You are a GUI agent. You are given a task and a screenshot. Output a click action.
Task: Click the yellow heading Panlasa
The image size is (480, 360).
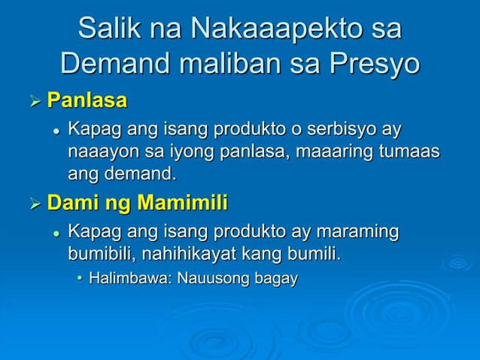click(x=87, y=100)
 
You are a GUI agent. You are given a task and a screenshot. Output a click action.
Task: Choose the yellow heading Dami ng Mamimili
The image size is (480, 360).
click(x=137, y=203)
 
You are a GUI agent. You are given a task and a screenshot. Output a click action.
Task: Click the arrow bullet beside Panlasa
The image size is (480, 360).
click(x=33, y=101)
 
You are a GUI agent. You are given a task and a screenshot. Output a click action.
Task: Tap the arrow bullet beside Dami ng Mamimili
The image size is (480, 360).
click(x=33, y=204)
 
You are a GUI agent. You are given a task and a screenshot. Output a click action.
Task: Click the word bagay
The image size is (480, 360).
click(x=276, y=279)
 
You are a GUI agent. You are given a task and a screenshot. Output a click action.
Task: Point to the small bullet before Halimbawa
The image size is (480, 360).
click(x=81, y=279)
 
